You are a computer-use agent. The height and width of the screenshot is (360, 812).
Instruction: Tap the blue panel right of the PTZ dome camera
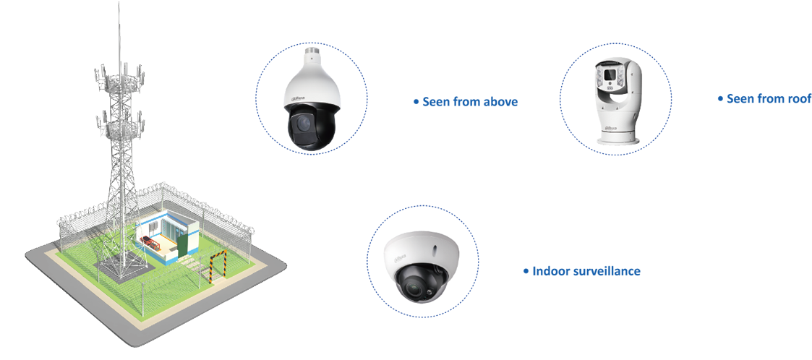(458, 98)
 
